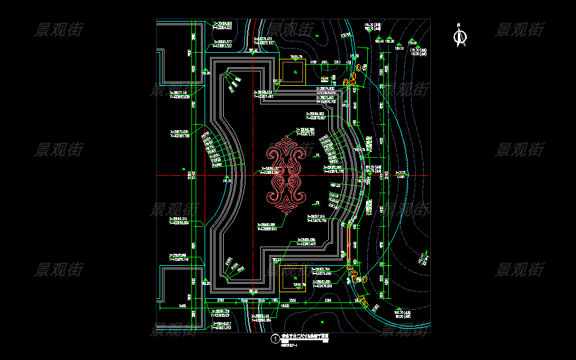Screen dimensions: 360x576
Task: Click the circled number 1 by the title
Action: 275,339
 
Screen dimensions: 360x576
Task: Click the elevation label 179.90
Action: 412,43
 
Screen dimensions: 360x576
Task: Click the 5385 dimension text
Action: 328,299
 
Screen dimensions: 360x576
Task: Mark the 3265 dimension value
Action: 293,299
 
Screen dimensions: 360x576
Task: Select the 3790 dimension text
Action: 220,299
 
